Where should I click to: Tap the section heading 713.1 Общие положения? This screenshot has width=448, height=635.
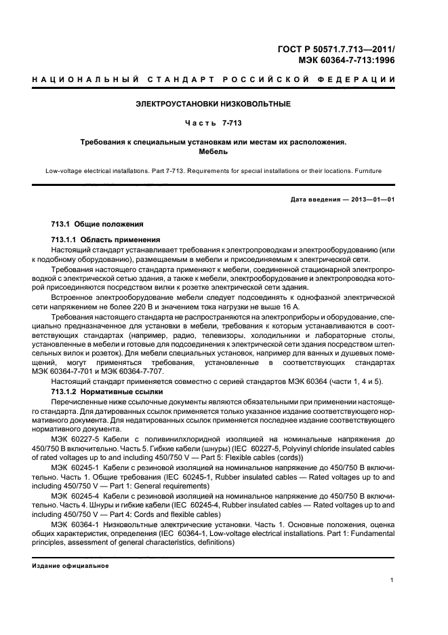[97, 225]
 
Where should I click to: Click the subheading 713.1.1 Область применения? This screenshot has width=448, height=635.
[105, 239]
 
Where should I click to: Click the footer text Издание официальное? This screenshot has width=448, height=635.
[70, 565]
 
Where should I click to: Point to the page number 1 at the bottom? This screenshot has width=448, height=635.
[393, 579]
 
